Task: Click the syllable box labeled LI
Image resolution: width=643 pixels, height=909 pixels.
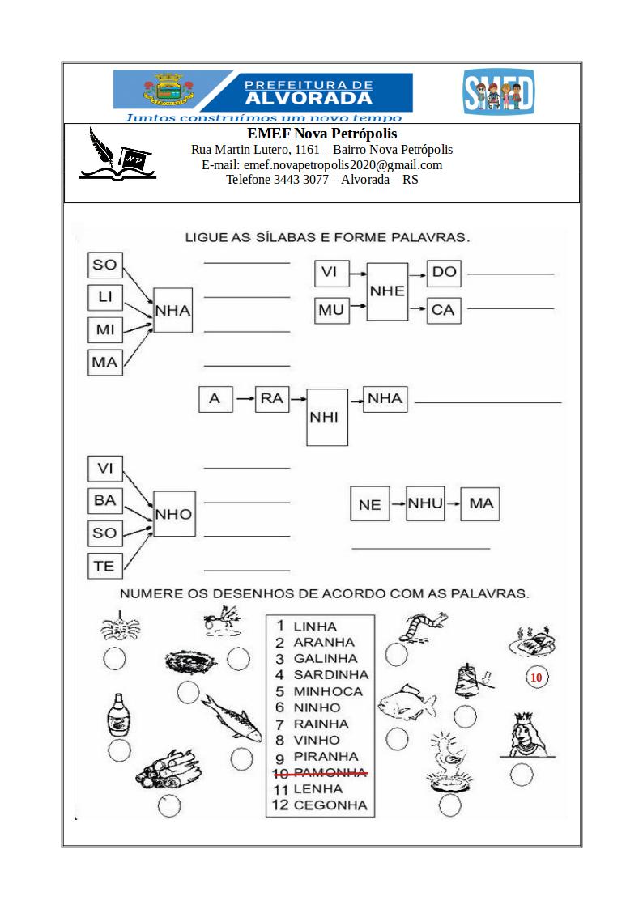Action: tap(104, 297)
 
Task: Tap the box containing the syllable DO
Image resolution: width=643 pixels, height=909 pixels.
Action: tap(444, 273)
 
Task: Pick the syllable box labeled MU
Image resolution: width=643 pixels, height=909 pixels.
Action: tap(331, 309)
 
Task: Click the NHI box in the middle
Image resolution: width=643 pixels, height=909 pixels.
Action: tap(327, 416)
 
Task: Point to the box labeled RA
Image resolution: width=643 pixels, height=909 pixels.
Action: tap(271, 399)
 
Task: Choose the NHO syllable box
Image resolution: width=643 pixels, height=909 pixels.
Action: tap(173, 514)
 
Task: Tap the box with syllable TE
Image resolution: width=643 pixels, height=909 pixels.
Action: tap(104, 566)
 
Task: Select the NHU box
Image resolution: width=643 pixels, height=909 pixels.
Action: tap(425, 503)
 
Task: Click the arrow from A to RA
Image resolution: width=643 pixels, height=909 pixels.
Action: tap(243, 399)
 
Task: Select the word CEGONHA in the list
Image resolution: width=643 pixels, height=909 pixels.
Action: tap(330, 805)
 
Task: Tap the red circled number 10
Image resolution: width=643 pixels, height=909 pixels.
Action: tap(536, 678)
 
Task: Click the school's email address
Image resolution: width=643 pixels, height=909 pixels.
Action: tap(321, 165)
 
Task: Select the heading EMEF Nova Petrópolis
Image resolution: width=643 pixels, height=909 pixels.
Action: tap(321, 134)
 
